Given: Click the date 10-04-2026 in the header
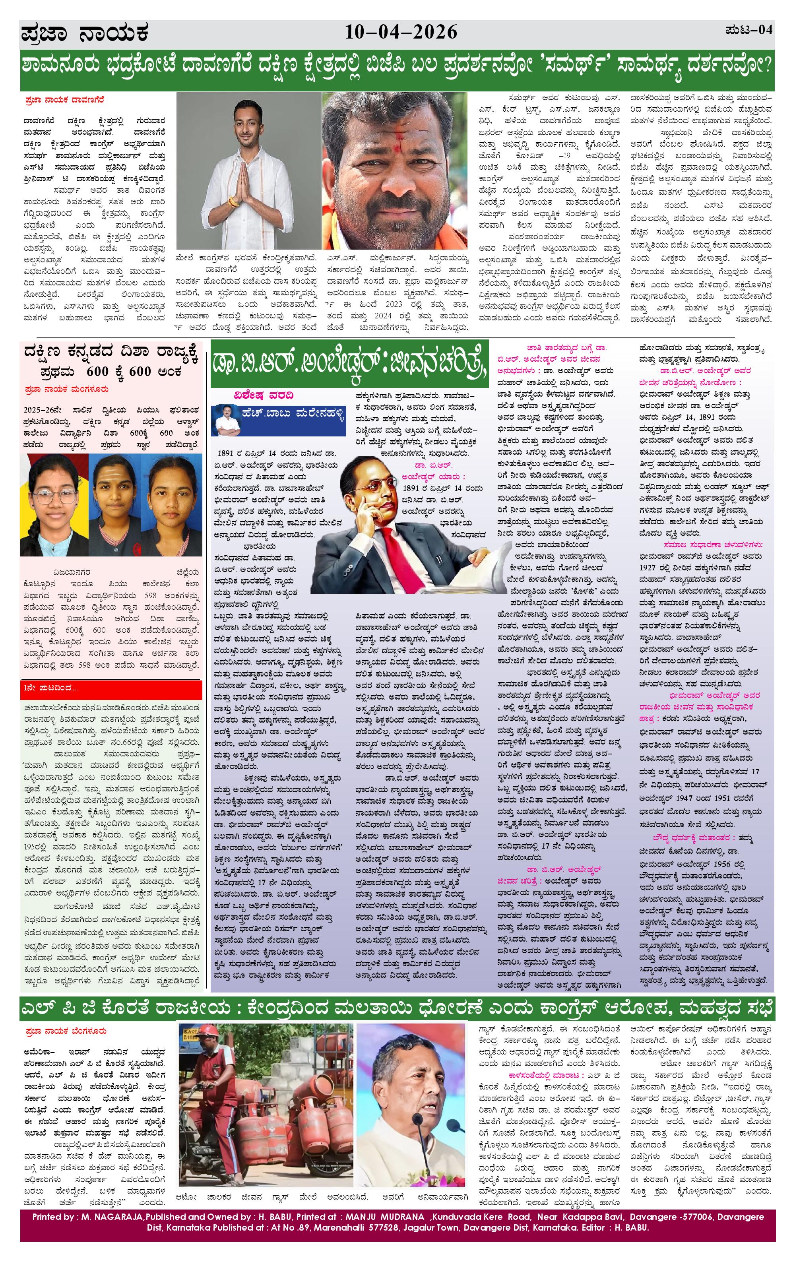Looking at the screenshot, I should (401, 33).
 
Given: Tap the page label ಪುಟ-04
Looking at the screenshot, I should (749, 30).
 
